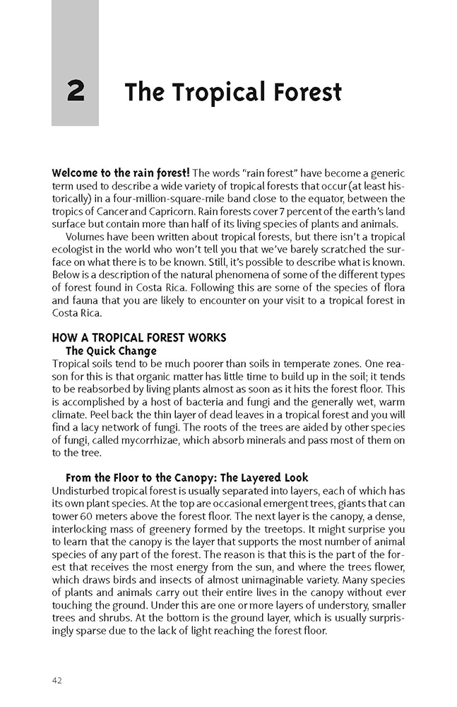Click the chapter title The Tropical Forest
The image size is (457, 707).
tap(233, 93)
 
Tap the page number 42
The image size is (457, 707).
tap(58, 680)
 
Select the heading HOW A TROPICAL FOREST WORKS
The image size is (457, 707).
tap(139, 338)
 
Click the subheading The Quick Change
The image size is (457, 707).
tap(111, 351)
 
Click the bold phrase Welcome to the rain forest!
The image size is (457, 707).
tap(121, 173)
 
